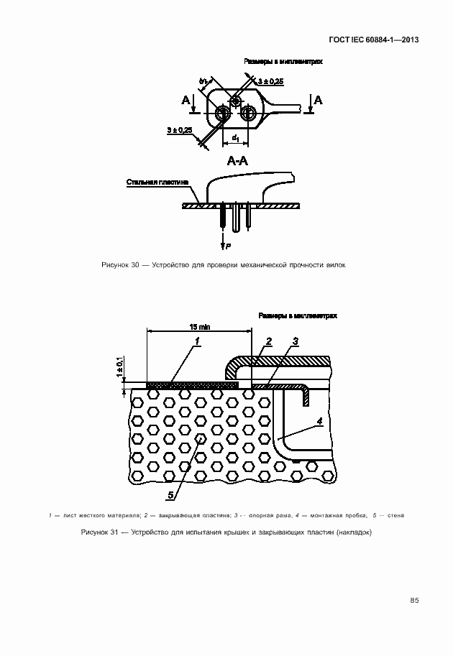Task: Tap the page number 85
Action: pos(414,600)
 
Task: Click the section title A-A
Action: pos(237,161)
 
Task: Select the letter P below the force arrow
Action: pos(228,246)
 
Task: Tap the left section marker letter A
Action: pos(187,100)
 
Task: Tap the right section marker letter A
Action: pos(319,100)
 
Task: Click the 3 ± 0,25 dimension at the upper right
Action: pos(270,82)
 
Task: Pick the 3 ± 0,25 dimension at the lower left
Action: pos(179,130)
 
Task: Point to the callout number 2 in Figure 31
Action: pos(268,341)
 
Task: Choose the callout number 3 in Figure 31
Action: pos(295,341)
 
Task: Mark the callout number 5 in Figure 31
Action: pos(170,494)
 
